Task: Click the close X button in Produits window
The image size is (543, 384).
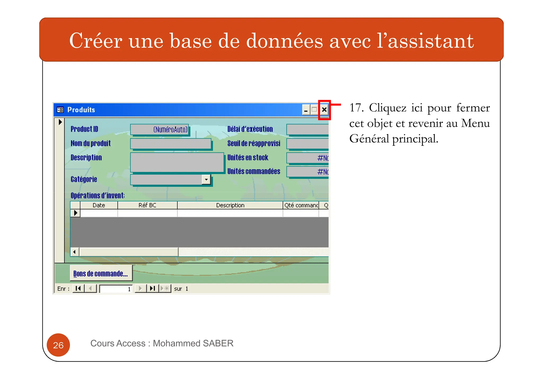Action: point(324,110)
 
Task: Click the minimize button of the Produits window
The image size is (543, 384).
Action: point(306,110)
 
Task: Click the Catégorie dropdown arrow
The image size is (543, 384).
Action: point(206,180)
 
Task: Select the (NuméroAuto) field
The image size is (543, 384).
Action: point(160,130)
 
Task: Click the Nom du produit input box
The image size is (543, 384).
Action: point(171,144)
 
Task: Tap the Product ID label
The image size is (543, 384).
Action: point(84,129)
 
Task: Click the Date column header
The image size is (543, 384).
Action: point(99,205)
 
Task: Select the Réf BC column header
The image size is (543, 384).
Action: point(147,205)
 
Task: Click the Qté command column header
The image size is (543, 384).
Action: point(301,205)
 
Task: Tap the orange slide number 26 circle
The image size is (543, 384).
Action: point(58,345)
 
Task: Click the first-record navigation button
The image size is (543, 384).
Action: point(78,288)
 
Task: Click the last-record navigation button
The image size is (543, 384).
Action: point(152,288)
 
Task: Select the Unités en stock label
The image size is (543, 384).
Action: point(248,158)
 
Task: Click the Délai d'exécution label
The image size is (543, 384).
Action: point(250,129)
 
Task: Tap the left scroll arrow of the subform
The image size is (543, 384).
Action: point(75,252)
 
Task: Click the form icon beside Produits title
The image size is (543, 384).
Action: point(60,110)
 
